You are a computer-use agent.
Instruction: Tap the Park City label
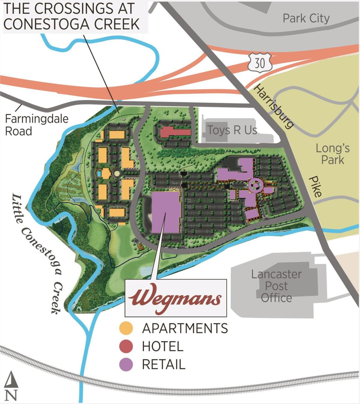pyautogui.click(x=306, y=19)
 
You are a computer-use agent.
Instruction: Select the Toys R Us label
pyautogui.click(x=232, y=130)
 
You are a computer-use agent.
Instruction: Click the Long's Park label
pyautogui.click(x=332, y=154)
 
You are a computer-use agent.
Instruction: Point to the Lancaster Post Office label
pyautogui.click(x=276, y=286)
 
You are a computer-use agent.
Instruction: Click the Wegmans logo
pyautogui.click(x=175, y=298)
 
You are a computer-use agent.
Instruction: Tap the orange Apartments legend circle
pyautogui.click(x=126, y=328)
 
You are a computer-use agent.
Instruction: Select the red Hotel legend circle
pyautogui.click(x=126, y=346)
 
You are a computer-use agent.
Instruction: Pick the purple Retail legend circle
pyautogui.click(x=126, y=364)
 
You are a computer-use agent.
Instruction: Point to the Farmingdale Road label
pyautogui.click(x=36, y=125)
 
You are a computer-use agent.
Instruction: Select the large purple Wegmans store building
pyautogui.click(x=166, y=212)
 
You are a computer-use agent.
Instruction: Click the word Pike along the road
pyautogui.click(x=315, y=186)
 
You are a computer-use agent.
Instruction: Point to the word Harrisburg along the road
pyautogui.click(x=273, y=106)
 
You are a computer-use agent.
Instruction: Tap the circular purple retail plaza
pyautogui.click(x=255, y=185)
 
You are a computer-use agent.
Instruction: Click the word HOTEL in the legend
pyautogui.click(x=162, y=346)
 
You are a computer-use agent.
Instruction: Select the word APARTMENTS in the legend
pyautogui.click(x=185, y=328)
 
